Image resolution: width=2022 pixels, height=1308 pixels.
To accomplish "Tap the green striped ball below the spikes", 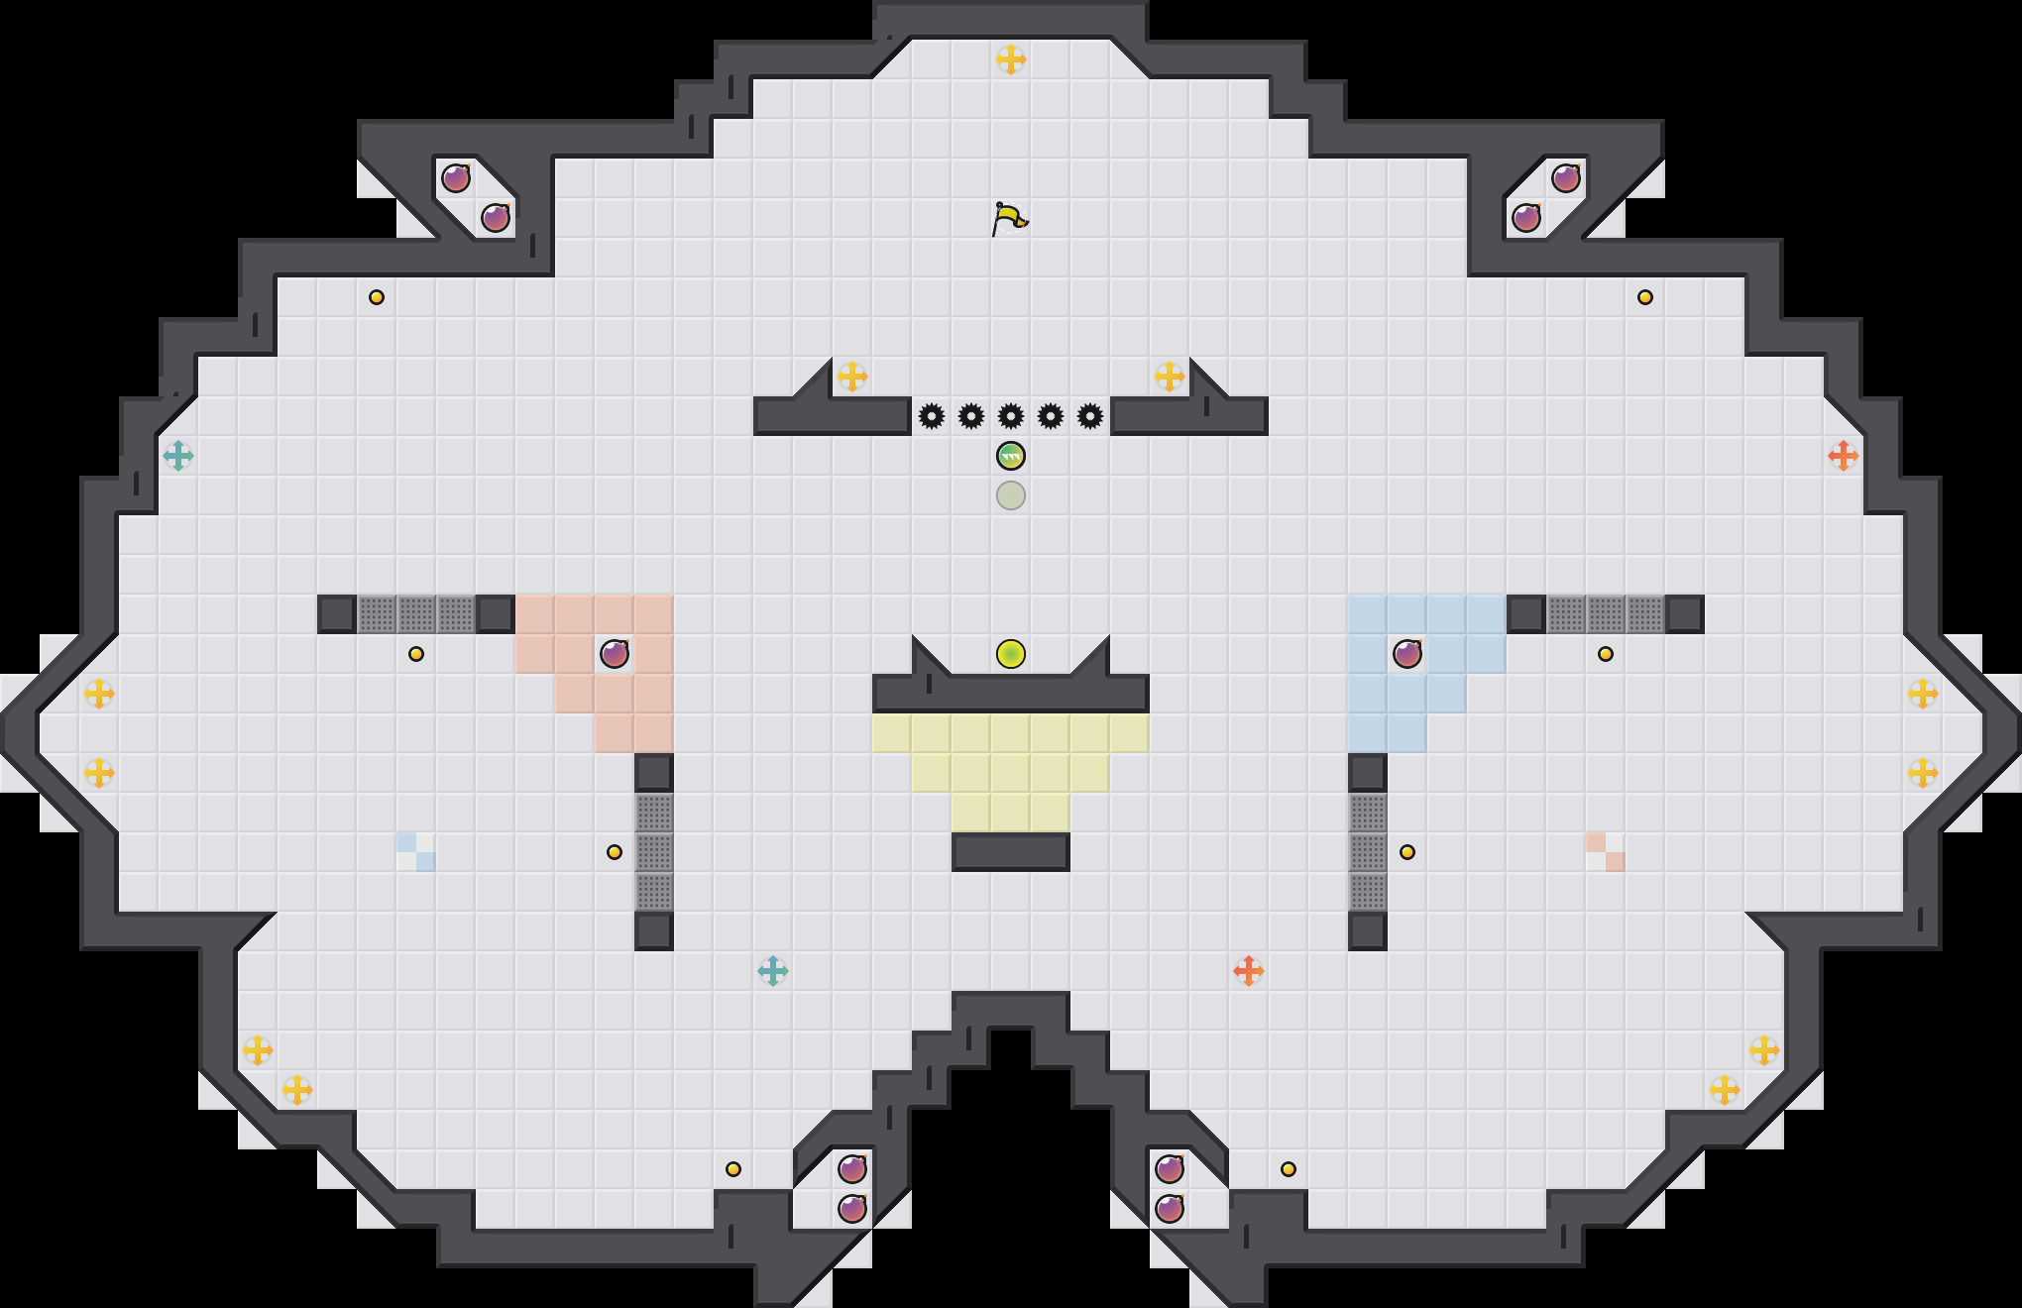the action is point(1011,456).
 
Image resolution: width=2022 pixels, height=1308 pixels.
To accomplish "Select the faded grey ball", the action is point(1011,495).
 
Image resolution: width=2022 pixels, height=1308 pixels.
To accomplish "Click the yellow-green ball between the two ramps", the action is point(1011,654).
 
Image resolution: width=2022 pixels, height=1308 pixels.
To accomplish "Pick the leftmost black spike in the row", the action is point(932,416).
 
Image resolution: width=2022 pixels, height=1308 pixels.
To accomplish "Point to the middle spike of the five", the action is point(1011,416).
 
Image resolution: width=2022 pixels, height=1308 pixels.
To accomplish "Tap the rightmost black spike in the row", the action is point(1090,416).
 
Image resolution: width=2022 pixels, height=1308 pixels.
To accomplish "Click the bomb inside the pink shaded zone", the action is point(615,654).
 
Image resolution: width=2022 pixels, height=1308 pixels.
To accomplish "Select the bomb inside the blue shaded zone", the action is point(1407,654).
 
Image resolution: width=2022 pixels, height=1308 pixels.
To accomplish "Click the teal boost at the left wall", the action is point(178,456).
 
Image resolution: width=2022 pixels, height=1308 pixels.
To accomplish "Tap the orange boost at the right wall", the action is point(1844,456).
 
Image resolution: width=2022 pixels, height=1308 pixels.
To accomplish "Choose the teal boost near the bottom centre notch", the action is point(773,971).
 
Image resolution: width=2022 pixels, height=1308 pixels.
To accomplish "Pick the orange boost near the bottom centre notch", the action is point(1249,971).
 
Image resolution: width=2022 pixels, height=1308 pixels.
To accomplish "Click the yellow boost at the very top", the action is point(1011,59).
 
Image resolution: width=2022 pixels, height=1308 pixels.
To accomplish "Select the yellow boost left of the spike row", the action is point(852,377).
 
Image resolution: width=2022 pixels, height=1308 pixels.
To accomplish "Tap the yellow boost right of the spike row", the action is point(1170,377).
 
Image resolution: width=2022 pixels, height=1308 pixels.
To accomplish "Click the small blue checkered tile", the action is point(416,852).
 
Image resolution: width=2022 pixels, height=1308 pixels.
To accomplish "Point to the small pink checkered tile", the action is point(1606,852).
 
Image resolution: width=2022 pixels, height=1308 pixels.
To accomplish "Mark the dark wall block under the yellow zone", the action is point(1011,852).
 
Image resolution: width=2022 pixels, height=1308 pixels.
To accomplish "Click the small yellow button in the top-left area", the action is point(377,297).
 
